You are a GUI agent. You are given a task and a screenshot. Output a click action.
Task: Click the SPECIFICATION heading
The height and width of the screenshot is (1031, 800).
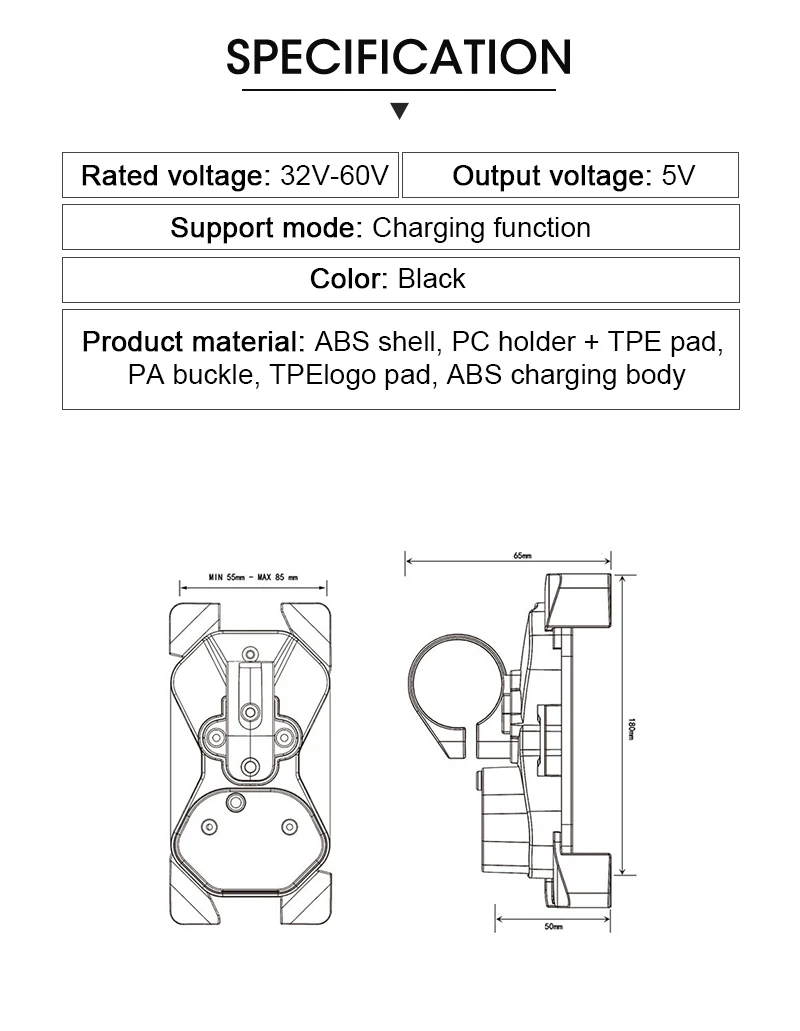398,57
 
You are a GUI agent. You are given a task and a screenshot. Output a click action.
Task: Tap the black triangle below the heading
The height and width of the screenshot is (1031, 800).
399,110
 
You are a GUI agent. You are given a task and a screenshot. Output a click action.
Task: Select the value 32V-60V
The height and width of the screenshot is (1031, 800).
334,176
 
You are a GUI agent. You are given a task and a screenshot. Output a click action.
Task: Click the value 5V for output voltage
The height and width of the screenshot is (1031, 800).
678,176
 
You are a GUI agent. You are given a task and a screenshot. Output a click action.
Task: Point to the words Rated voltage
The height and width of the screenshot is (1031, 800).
172,176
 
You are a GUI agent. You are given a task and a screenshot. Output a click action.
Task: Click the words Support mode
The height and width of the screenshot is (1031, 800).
263,228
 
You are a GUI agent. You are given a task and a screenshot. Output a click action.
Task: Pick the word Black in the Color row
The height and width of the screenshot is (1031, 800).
431,279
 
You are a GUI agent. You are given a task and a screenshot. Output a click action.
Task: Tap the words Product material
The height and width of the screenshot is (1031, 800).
190,342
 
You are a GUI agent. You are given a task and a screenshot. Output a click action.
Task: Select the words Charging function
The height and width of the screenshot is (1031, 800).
481,228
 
